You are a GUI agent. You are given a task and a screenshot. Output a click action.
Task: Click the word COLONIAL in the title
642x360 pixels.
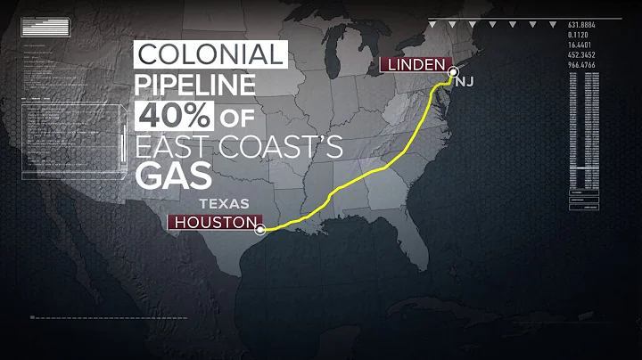tap(210, 55)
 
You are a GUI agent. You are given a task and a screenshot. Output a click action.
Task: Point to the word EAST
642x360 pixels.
tap(177, 147)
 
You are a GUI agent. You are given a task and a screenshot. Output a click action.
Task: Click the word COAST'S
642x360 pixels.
tap(283, 147)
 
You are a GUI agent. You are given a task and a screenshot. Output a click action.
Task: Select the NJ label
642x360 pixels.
tap(466, 81)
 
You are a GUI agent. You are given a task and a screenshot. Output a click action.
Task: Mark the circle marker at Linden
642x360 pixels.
tap(452, 71)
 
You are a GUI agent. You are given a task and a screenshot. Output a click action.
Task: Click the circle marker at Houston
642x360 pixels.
tap(259, 229)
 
